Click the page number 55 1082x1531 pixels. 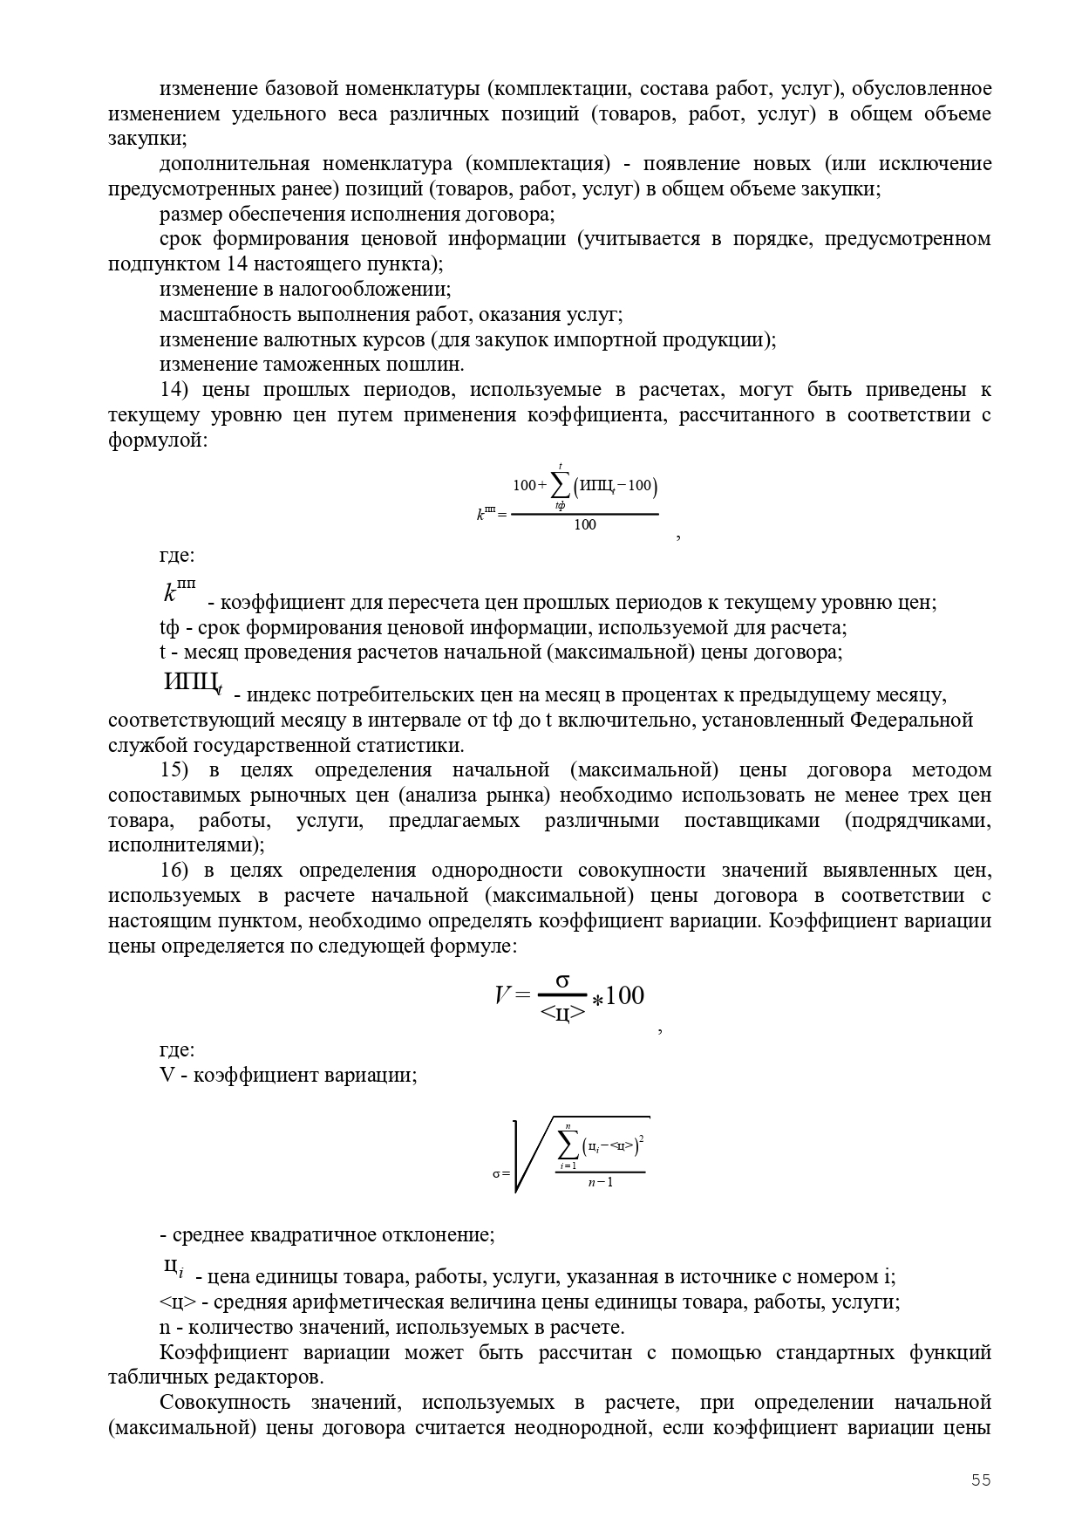point(981,1480)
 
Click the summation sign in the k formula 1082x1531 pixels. point(560,486)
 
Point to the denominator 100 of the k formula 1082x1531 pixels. point(585,525)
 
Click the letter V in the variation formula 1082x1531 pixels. point(502,995)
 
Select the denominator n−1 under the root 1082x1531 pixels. point(600,1183)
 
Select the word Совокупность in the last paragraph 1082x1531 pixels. point(225,1403)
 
